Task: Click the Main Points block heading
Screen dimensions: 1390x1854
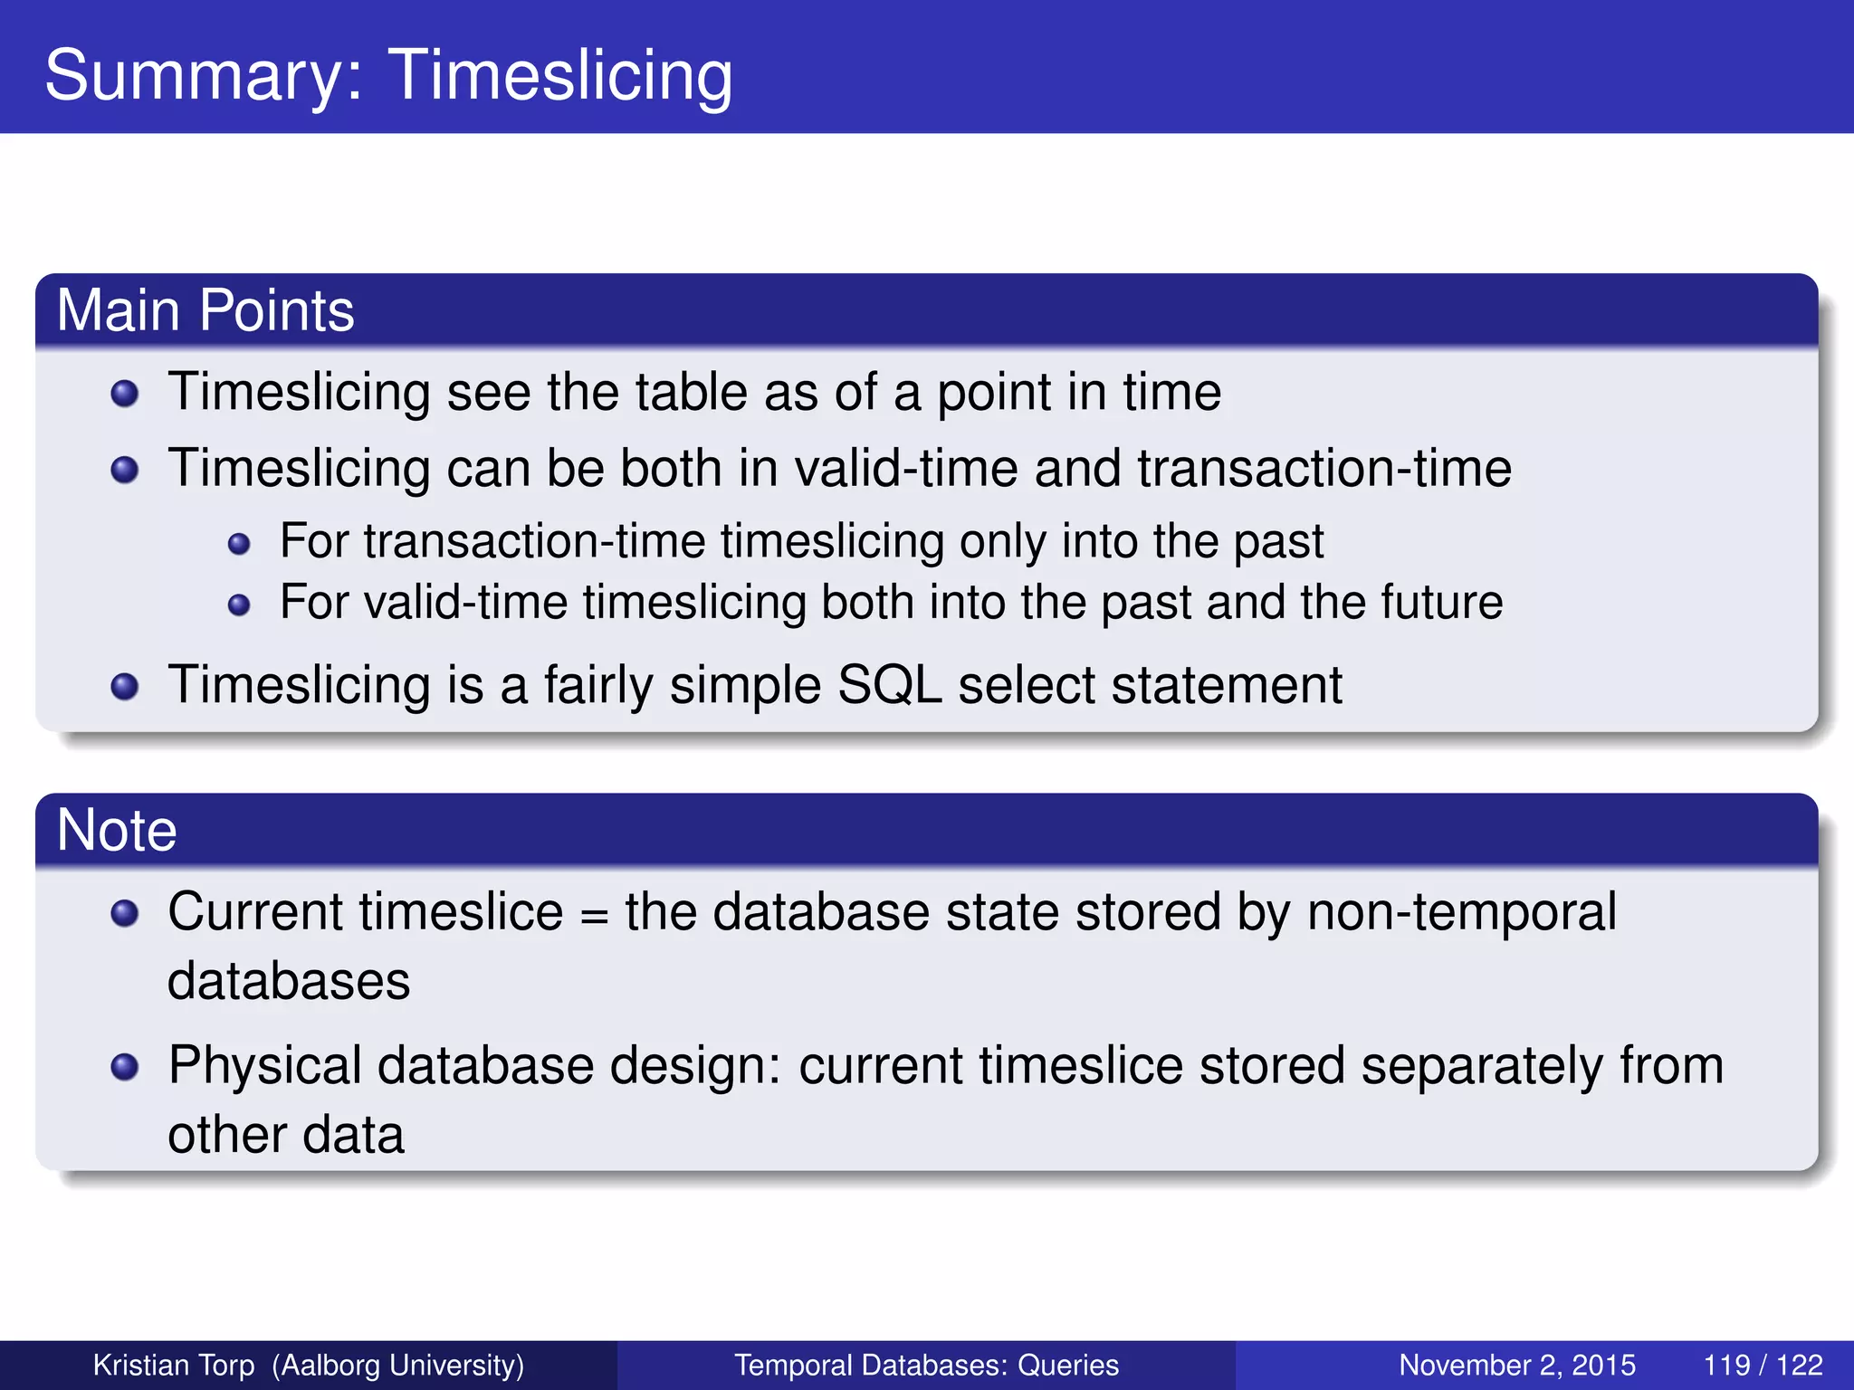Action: (x=205, y=310)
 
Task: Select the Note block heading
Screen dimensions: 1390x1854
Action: (x=117, y=830)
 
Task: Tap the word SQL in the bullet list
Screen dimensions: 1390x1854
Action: (x=889, y=684)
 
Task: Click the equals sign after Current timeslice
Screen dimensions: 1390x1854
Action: (x=594, y=914)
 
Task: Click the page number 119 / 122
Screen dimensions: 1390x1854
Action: (x=1762, y=1365)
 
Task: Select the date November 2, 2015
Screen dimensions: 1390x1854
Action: (x=1517, y=1365)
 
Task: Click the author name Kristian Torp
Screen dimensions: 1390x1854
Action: (x=174, y=1365)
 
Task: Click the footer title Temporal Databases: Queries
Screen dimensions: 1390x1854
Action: (x=926, y=1365)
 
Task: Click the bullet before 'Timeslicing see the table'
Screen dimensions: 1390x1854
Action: (x=125, y=394)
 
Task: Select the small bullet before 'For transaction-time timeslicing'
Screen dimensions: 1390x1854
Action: (x=239, y=544)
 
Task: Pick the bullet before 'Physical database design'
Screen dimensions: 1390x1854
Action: (x=125, y=1067)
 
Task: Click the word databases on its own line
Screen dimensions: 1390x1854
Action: (x=289, y=981)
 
